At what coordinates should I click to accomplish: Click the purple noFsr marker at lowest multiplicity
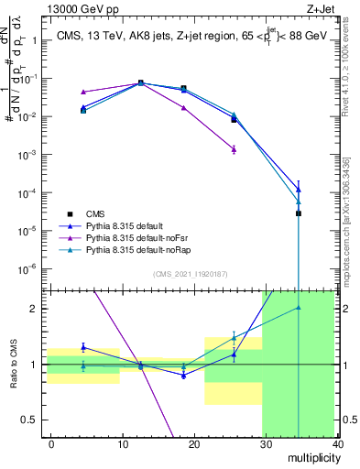click(83, 92)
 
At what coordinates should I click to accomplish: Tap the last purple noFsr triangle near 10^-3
click(235, 148)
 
